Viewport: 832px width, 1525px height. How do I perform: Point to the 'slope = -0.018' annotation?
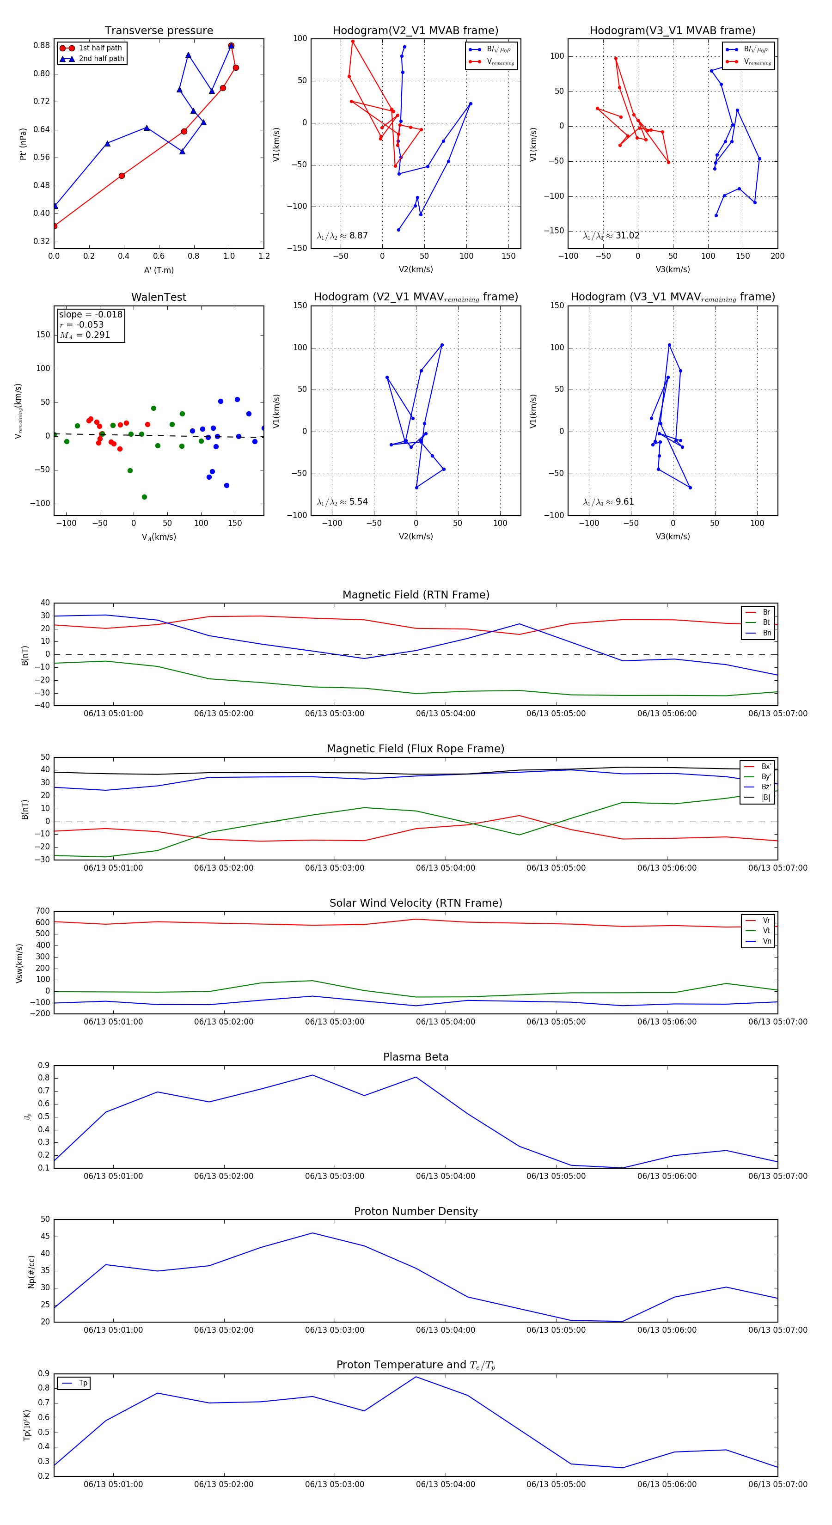click(91, 314)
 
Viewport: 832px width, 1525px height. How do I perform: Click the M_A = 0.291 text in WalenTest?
click(85, 335)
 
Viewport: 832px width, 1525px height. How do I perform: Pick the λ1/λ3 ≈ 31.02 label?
click(611, 236)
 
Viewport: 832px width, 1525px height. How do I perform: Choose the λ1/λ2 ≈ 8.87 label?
click(342, 236)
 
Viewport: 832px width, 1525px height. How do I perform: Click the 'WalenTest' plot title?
click(159, 297)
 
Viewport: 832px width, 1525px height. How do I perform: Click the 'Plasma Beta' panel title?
click(416, 1057)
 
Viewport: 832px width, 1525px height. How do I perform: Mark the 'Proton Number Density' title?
click(416, 1211)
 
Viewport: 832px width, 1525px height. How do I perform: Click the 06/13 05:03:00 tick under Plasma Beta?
click(335, 1176)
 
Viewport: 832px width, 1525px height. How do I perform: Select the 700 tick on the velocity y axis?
click(43, 911)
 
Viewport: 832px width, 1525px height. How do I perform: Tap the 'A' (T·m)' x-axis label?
click(159, 270)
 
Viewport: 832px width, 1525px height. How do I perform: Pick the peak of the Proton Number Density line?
click(312, 1233)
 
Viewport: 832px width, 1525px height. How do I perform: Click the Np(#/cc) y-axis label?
click(31, 1272)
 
